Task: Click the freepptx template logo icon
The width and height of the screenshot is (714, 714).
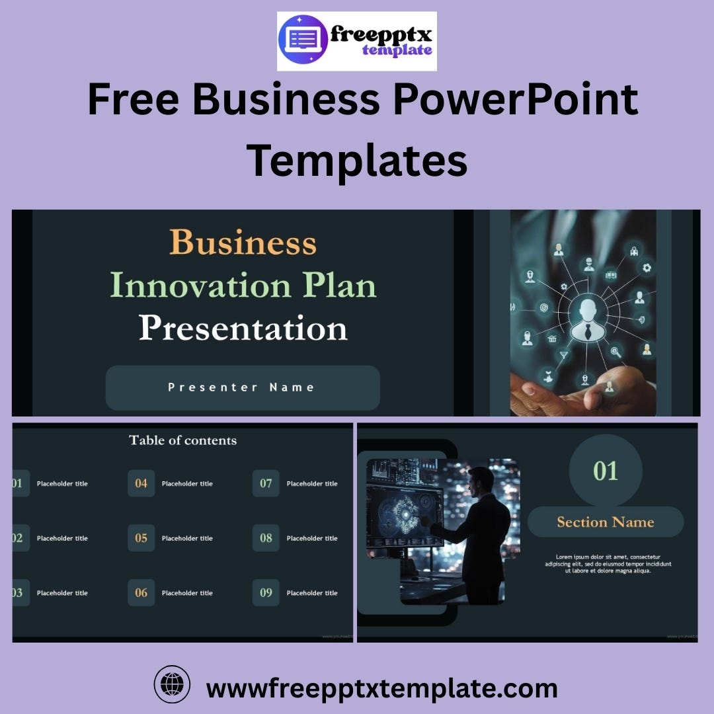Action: click(x=303, y=41)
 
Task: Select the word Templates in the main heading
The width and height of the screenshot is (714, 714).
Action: click(x=357, y=159)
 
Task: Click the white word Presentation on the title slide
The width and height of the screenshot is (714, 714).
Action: click(x=243, y=329)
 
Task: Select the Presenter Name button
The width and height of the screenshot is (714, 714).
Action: click(x=243, y=387)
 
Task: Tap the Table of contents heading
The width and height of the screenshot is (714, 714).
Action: click(x=182, y=440)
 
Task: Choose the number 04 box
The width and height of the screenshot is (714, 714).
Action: click(x=141, y=483)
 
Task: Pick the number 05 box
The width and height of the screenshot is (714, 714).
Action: click(x=141, y=538)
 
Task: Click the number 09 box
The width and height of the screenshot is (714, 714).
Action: click(x=266, y=593)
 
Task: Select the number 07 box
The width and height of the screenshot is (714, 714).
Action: click(x=266, y=483)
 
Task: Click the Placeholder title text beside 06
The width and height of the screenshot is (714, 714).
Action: click(x=187, y=593)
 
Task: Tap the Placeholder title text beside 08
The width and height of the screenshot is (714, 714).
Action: click(x=312, y=538)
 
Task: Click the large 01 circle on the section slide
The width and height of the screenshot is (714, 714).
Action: click(x=606, y=471)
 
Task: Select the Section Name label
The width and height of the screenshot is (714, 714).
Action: click(x=606, y=522)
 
